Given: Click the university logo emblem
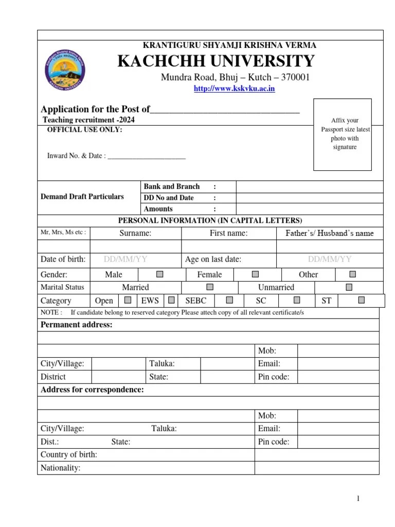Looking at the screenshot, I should (x=66, y=69).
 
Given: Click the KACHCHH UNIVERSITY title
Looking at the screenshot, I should (x=216, y=61).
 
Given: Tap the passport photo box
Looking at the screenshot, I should (x=343, y=134).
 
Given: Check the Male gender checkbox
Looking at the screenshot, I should (x=160, y=274).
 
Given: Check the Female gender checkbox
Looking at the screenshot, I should (x=256, y=274).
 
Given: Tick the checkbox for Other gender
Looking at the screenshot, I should (x=353, y=274).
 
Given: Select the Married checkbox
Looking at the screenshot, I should (x=209, y=287).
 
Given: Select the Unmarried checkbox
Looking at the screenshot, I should (x=349, y=287).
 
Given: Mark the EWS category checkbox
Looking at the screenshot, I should (x=171, y=300).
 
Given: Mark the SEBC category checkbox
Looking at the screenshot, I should (x=229, y=300).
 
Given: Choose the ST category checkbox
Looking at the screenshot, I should (x=362, y=300).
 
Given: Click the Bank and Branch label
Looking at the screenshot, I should (x=172, y=186).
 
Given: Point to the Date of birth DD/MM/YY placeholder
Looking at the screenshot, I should (x=125, y=259).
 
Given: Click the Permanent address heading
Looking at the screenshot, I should (x=76, y=325).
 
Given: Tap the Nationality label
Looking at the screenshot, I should (x=61, y=468).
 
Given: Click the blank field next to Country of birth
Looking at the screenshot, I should (x=317, y=455).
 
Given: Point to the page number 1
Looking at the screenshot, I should (x=358, y=499).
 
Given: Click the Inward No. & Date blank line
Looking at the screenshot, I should (x=147, y=156).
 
